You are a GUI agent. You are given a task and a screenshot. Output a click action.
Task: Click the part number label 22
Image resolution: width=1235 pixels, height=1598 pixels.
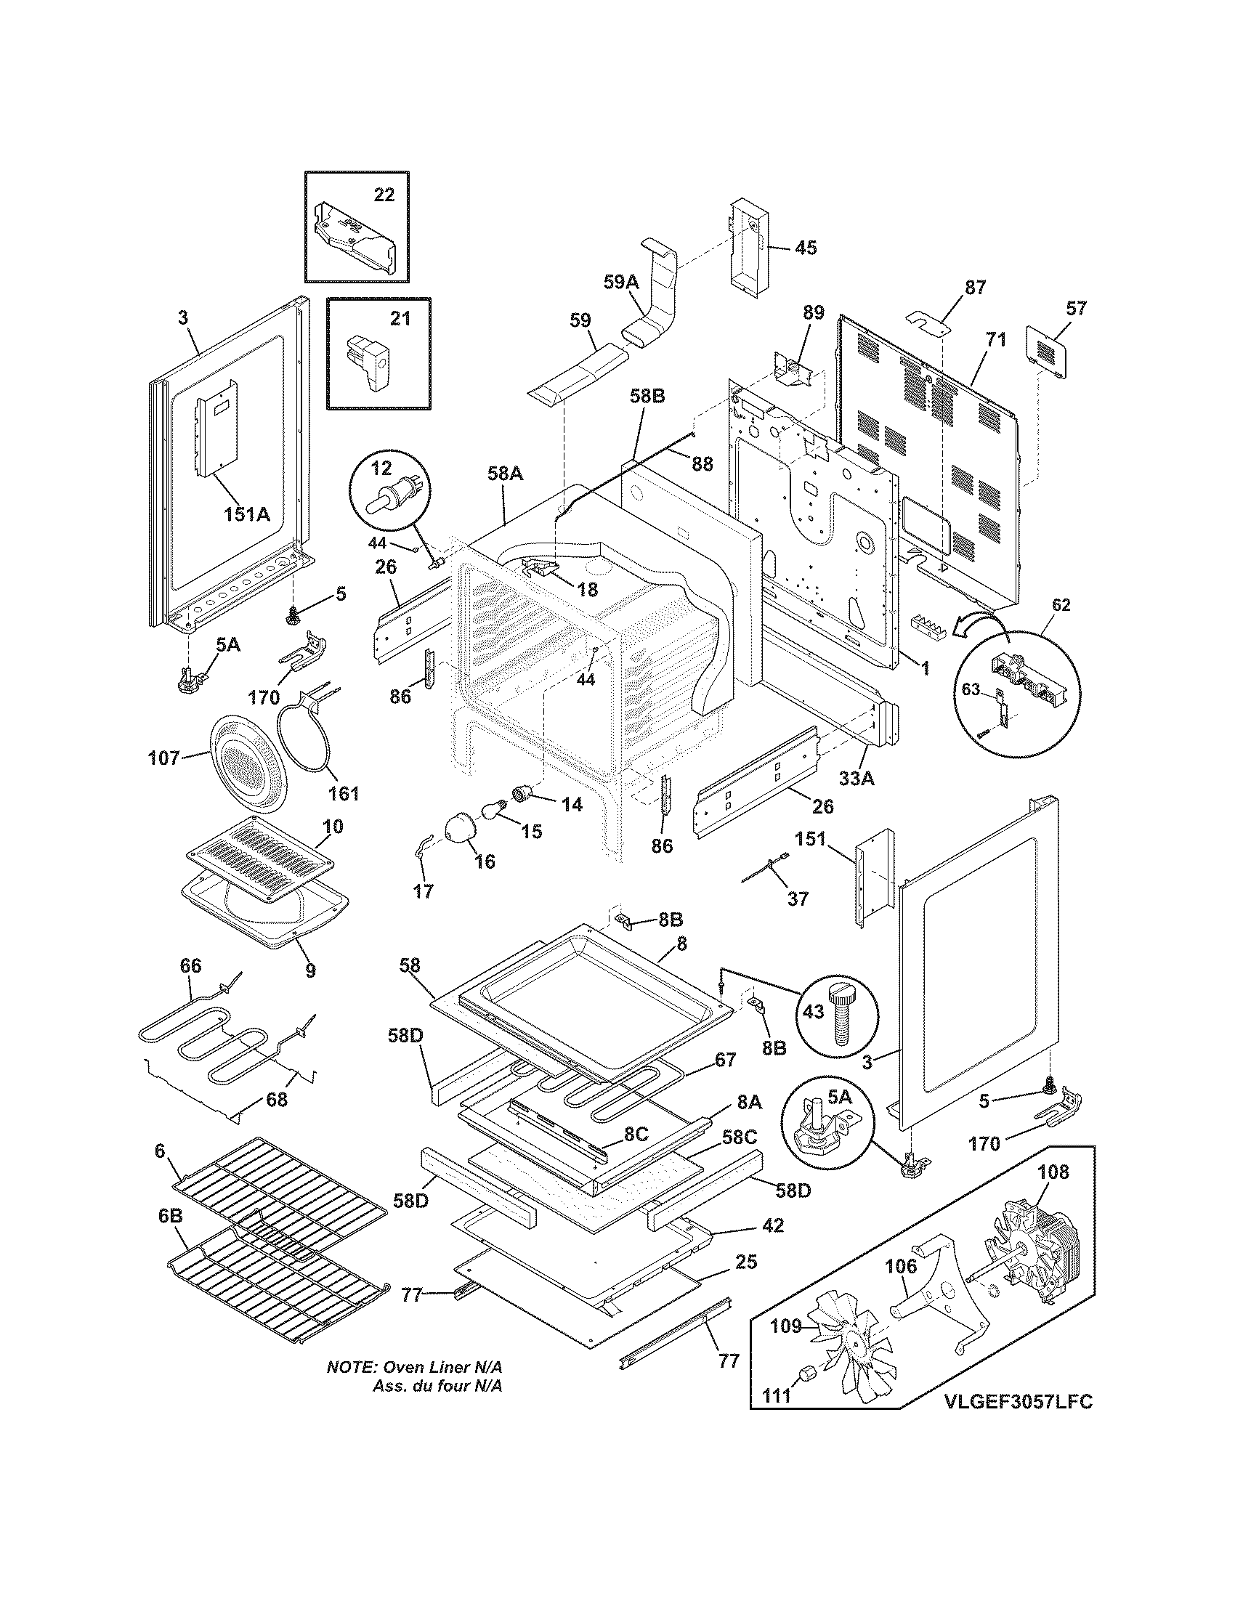[384, 195]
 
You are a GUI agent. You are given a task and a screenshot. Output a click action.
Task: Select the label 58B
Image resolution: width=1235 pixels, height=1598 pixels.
[647, 396]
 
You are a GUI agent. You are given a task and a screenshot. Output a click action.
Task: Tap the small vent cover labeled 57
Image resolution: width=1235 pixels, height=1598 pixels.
[1048, 353]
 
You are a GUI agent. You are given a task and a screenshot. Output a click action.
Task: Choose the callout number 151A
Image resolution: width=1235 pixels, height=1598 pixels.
[246, 514]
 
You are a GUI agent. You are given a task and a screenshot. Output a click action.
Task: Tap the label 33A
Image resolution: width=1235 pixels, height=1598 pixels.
[857, 779]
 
